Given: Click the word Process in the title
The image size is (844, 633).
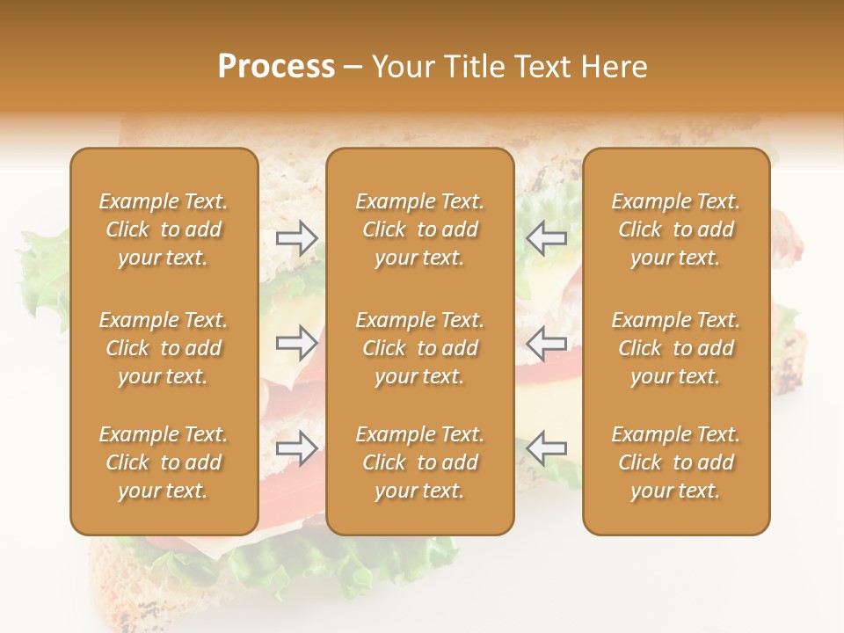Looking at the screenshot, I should tap(276, 67).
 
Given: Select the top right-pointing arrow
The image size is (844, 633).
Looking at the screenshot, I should tap(297, 237).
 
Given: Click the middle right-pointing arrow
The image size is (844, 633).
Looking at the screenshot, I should tap(297, 342).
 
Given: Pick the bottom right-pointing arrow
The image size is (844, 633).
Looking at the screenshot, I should tap(297, 448).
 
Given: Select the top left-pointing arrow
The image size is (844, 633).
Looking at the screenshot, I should tap(546, 237).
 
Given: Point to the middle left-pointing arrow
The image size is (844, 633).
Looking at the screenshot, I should tap(546, 342).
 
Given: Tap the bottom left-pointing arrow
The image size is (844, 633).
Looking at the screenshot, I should tap(546, 448).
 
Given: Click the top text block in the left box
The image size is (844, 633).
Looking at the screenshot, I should tap(164, 229).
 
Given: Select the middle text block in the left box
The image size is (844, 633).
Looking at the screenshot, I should tap(164, 348).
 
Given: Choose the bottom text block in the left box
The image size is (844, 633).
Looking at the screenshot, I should tap(164, 462).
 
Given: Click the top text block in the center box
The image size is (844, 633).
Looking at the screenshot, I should tap(420, 229).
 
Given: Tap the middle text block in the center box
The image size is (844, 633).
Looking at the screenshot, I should tap(420, 348).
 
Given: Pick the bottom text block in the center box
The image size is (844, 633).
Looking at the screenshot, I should tap(420, 462).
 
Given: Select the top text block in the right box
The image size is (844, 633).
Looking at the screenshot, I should tap(676, 229).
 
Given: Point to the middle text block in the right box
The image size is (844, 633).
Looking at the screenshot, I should tap(676, 348).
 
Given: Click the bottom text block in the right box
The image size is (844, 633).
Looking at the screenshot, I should tap(676, 462).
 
